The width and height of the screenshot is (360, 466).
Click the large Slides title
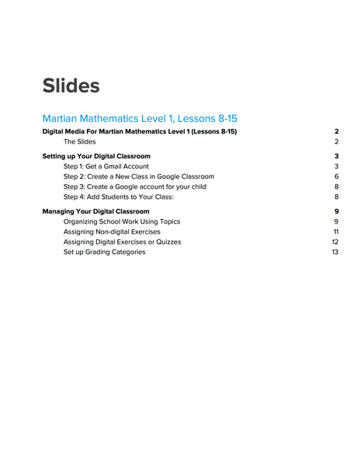(x=71, y=85)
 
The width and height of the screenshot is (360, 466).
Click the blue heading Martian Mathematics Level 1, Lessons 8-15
(x=140, y=118)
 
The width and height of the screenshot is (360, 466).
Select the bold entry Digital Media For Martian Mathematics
(x=140, y=132)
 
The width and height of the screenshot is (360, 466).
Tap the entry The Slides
(x=80, y=142)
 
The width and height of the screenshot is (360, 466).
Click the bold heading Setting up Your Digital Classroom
(x=96, y=156)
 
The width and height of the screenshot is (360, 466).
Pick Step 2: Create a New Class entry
(x=139, y=176)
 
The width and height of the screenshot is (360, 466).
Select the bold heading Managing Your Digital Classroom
(x=96, y=211)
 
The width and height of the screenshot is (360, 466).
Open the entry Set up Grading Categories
(x=104, y=252)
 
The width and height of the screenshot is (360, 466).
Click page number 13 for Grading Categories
(x=335, y=252)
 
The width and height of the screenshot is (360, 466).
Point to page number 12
(x=335, y=242)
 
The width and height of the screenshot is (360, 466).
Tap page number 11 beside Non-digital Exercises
(x=336, y=231)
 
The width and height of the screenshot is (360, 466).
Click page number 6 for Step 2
(x=337, y=176)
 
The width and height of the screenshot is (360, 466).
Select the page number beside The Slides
(x=337, y=142)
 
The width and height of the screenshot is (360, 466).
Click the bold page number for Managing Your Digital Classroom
(x=337, y=211)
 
